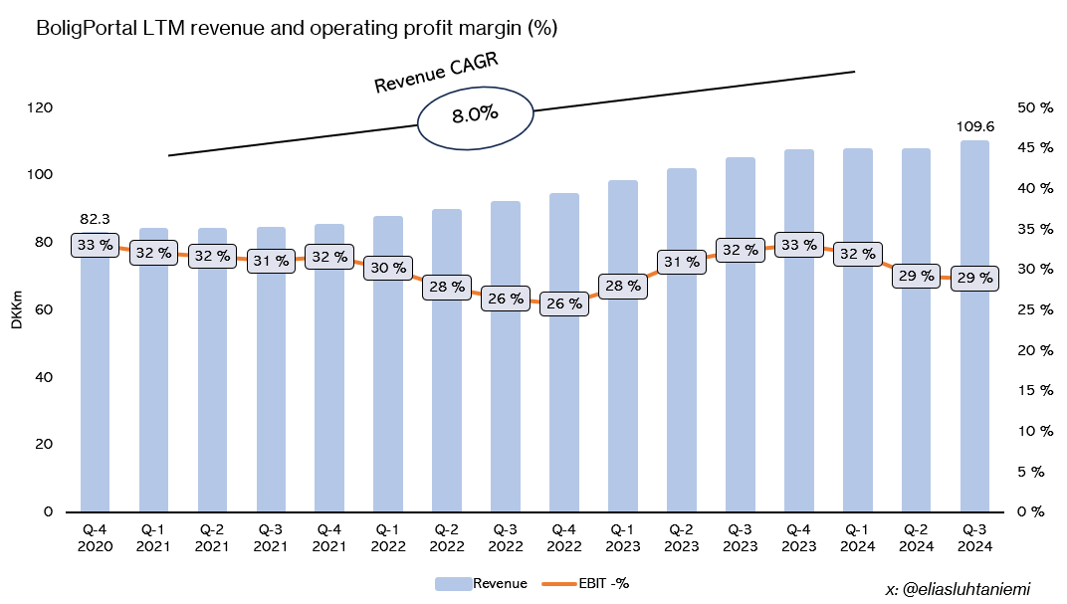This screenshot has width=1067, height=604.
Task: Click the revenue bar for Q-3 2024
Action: coord(974,398)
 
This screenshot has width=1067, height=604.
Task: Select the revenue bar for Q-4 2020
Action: coord(95,398)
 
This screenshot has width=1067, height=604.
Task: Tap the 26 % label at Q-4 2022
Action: coord(563,303)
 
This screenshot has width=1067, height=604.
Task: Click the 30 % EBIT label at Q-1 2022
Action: coord(388,268)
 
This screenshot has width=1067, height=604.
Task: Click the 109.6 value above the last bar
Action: coord(974,126)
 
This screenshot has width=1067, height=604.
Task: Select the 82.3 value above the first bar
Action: coord(95,219)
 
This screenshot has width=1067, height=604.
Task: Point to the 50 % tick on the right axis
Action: coord(1036,107)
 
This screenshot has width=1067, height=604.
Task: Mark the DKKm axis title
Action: coord(17,309)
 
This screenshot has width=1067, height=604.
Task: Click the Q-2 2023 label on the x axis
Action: coord(681,538)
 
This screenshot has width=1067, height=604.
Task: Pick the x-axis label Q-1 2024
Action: coord(857,538)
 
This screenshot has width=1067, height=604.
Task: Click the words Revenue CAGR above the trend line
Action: coord(435,75)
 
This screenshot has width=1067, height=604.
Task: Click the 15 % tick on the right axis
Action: coord(1036,390)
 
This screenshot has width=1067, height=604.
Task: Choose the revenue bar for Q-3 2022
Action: coord(505,398)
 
